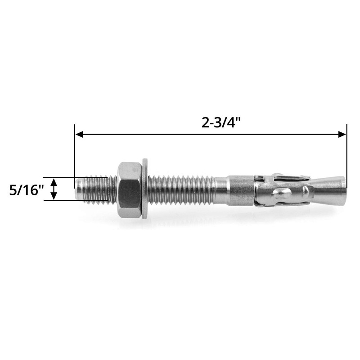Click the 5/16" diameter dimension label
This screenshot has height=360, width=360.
[25, 189]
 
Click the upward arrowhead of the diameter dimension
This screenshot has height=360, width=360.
[54, 181]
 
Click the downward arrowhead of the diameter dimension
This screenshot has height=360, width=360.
[54, 197]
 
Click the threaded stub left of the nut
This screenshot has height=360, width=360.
[94, 189]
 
